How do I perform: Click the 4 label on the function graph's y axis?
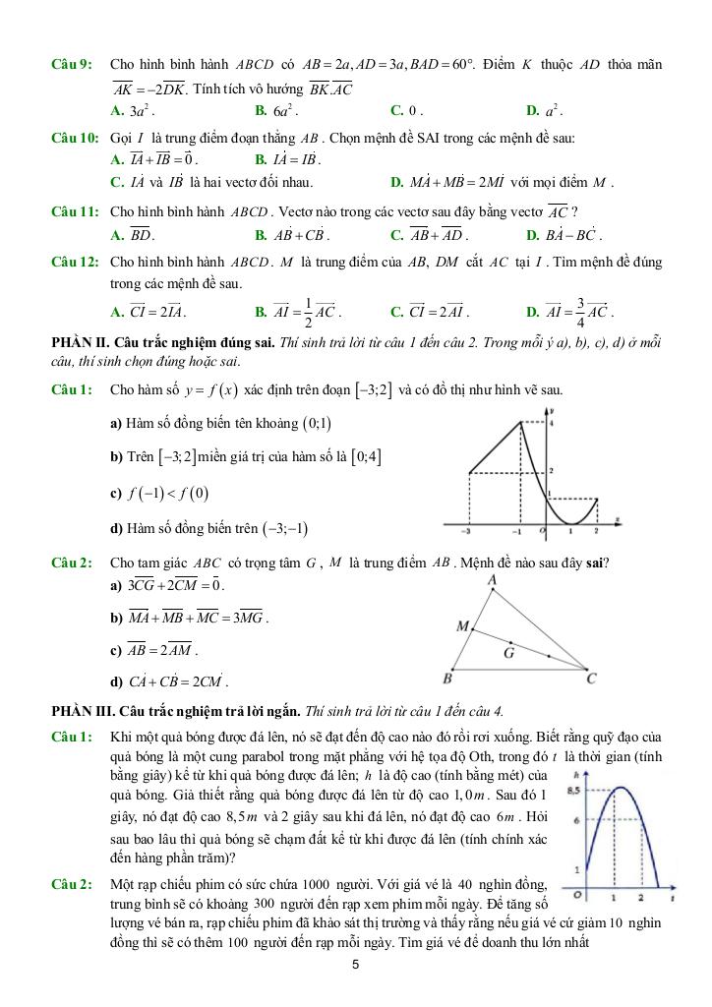553,423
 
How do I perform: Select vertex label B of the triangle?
447,679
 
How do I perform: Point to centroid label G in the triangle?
509,652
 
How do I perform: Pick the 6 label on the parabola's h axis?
577,820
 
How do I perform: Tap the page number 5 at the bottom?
356,965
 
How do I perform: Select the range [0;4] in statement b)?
367,456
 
